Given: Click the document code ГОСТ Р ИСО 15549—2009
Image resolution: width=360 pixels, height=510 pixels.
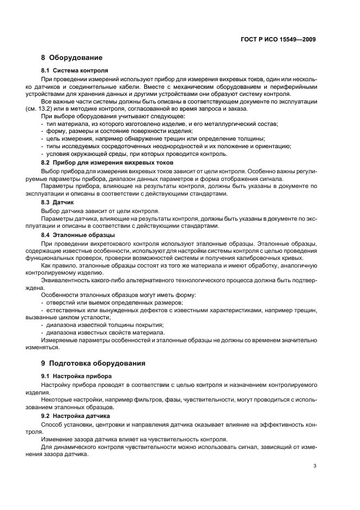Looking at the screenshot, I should click(x=278, y=40).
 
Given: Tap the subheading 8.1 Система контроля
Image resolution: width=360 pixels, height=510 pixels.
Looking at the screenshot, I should click(x=75, y=70).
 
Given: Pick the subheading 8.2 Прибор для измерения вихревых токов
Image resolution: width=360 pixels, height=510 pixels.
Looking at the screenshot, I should click(x=107, y=162).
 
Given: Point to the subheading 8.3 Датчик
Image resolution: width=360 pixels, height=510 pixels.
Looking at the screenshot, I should click(x=58, y=202).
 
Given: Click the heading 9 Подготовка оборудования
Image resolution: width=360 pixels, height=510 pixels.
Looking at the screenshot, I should click(x=96, y=363).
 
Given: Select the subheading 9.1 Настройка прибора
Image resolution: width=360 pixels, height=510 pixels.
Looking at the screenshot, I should click(x=77, y=376).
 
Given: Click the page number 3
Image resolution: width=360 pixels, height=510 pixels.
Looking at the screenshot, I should click(x=315, y=466).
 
